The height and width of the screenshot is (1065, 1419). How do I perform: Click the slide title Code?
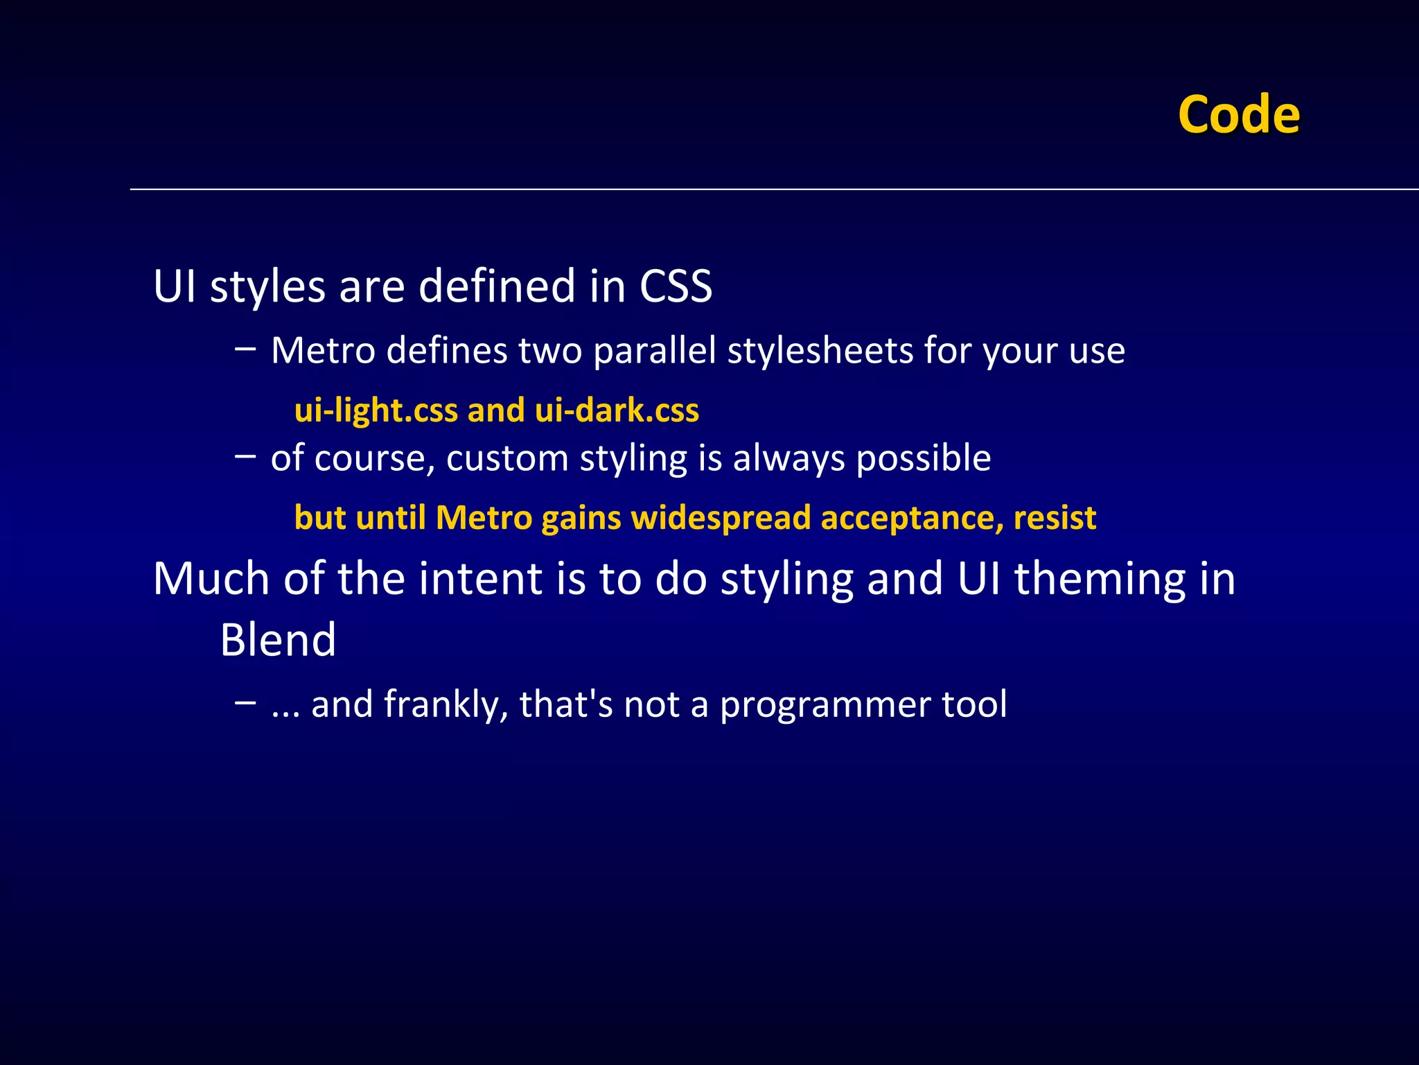(1238, 114)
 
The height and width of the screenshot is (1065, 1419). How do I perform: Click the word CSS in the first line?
(676, 286)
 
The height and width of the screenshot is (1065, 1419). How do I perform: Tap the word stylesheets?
(820, 351)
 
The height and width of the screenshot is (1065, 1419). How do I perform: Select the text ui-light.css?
(376, 410)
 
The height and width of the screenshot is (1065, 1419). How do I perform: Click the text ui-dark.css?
(617, 410)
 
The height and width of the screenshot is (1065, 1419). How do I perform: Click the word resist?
(1055, 518)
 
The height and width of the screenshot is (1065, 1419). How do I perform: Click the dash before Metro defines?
(245, 348)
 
